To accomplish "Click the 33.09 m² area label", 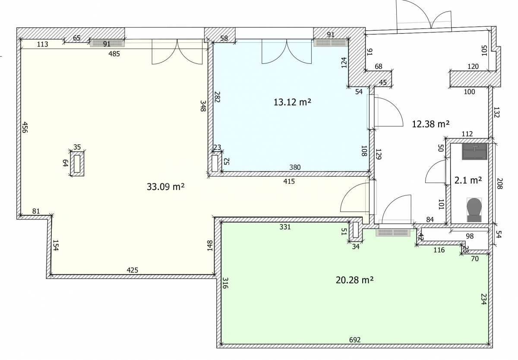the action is click(x=166, y=186).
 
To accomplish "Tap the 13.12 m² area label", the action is click(x=292, y=102).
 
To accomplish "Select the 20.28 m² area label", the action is click(x=354, y=280).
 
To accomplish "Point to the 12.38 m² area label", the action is click(x=431, y=124).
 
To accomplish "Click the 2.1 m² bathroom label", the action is click(x=468, y=180).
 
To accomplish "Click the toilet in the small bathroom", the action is click(x=474, y=210).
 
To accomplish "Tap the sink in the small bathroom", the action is click(x=474, y=152).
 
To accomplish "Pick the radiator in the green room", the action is click(x=393, y=232).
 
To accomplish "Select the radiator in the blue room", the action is click(x=331, y=43).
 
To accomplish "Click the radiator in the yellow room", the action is click(x=107, y=43).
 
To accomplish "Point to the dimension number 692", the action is click(x=355, y=340).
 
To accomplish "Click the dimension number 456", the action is click(x=24, y=127).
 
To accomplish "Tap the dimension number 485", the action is click(x=114, y=54).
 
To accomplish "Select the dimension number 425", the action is click(x=132, y=270).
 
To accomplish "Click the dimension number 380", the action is click(x=295, y=167).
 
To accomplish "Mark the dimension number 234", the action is click(x=483, y=299).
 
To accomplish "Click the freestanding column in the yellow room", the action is click(x=77, y=163).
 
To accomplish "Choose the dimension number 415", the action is click(x=289, y=181).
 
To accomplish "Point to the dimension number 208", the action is click(x=499, y=183).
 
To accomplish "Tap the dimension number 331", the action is click(x=285, y=227).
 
